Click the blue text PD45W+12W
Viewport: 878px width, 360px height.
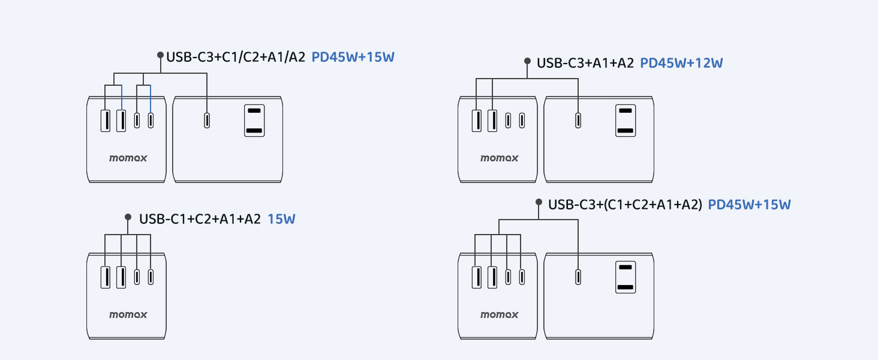pos(682,63)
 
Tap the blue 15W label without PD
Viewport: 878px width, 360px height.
pos(281,219)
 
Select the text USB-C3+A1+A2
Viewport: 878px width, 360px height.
pos(585,63)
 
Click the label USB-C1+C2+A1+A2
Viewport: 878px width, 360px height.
pos(200,219)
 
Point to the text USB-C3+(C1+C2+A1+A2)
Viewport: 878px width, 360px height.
pos(624,205)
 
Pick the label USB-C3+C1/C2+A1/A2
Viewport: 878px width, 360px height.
pos(236,57)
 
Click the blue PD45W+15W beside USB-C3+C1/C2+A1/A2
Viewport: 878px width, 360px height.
pos(353,57)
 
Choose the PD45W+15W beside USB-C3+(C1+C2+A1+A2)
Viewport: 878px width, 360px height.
pos(749,205)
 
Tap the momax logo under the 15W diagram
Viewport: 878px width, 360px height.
pos(128,314)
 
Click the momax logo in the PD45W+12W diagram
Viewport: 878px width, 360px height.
pos(499,158)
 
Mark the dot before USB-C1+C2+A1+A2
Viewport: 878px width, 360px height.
pos(127,217)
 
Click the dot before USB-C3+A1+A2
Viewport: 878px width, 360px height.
pos(527,61)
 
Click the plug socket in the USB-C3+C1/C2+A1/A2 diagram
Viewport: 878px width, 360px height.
pos(254,121)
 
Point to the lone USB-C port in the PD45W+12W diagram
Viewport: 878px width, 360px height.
pos(578,121)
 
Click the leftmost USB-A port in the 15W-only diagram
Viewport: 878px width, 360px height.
pos(106,277)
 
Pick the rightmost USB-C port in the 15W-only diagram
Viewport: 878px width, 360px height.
pos(150,277)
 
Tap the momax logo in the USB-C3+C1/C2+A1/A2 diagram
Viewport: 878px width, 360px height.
pos(128,158)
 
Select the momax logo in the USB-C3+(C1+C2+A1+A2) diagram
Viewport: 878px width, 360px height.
pos(499,314)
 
